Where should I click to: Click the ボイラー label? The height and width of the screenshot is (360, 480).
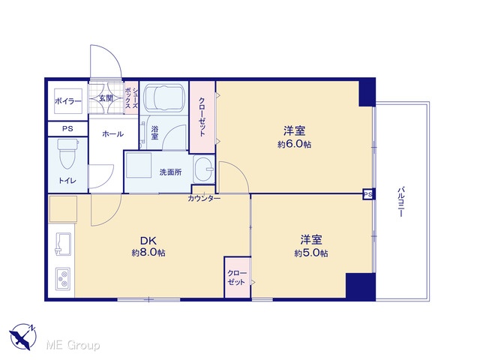tap(68, 101)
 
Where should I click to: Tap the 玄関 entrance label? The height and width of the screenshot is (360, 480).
tap(106, 98)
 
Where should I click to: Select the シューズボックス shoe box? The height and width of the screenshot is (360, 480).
tap(132, 97)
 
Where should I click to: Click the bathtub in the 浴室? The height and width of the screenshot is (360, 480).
tap(164, 97)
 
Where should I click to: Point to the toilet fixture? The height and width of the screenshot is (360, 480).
tap(67, 153)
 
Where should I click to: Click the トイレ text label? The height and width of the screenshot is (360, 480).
tap(67, 181)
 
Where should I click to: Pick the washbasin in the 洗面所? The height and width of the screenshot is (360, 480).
tap(203, 169)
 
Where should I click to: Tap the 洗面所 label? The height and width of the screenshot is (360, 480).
tap(170, 172)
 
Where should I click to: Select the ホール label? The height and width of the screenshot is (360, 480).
tap(112, 133)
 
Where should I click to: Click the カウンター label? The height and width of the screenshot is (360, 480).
tap(204, 199)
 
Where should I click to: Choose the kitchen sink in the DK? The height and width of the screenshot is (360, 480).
tap(63, 244)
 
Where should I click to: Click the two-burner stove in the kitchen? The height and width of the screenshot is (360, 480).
tap(63, 279)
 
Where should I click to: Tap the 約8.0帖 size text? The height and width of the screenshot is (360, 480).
tap(148, 253)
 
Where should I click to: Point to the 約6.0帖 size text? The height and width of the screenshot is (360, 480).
tap(294, 144)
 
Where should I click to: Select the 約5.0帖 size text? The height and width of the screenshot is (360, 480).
tap(311, 253)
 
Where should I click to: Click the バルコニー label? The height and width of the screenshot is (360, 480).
tap(401, 202)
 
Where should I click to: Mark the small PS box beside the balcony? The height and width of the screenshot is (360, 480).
tap(368, 194)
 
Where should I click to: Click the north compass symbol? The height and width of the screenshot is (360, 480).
tap(23, 337)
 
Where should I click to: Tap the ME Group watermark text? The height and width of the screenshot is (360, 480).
tap(73, 346)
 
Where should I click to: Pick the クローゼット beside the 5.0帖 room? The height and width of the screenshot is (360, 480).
tap(238, 277)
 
